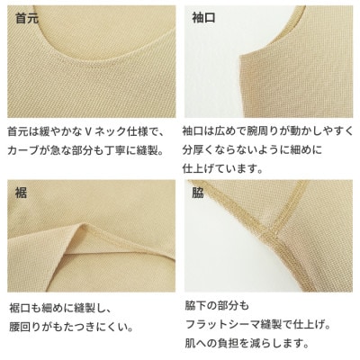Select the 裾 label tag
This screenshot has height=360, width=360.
[x=20, y=192]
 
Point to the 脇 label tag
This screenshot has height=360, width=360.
[x=198, y=192]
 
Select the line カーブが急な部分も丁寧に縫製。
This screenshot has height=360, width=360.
[x=85, y=149]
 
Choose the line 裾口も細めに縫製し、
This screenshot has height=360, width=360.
[x=62, y=307]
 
